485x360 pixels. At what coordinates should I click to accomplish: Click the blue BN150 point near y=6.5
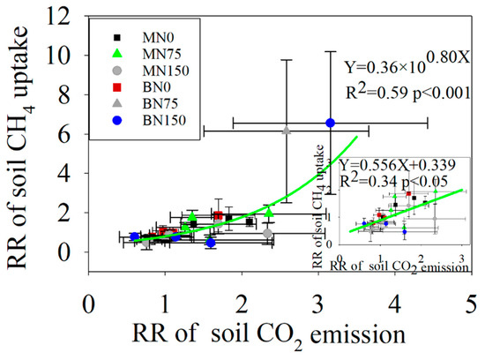[x=330, y=123]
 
